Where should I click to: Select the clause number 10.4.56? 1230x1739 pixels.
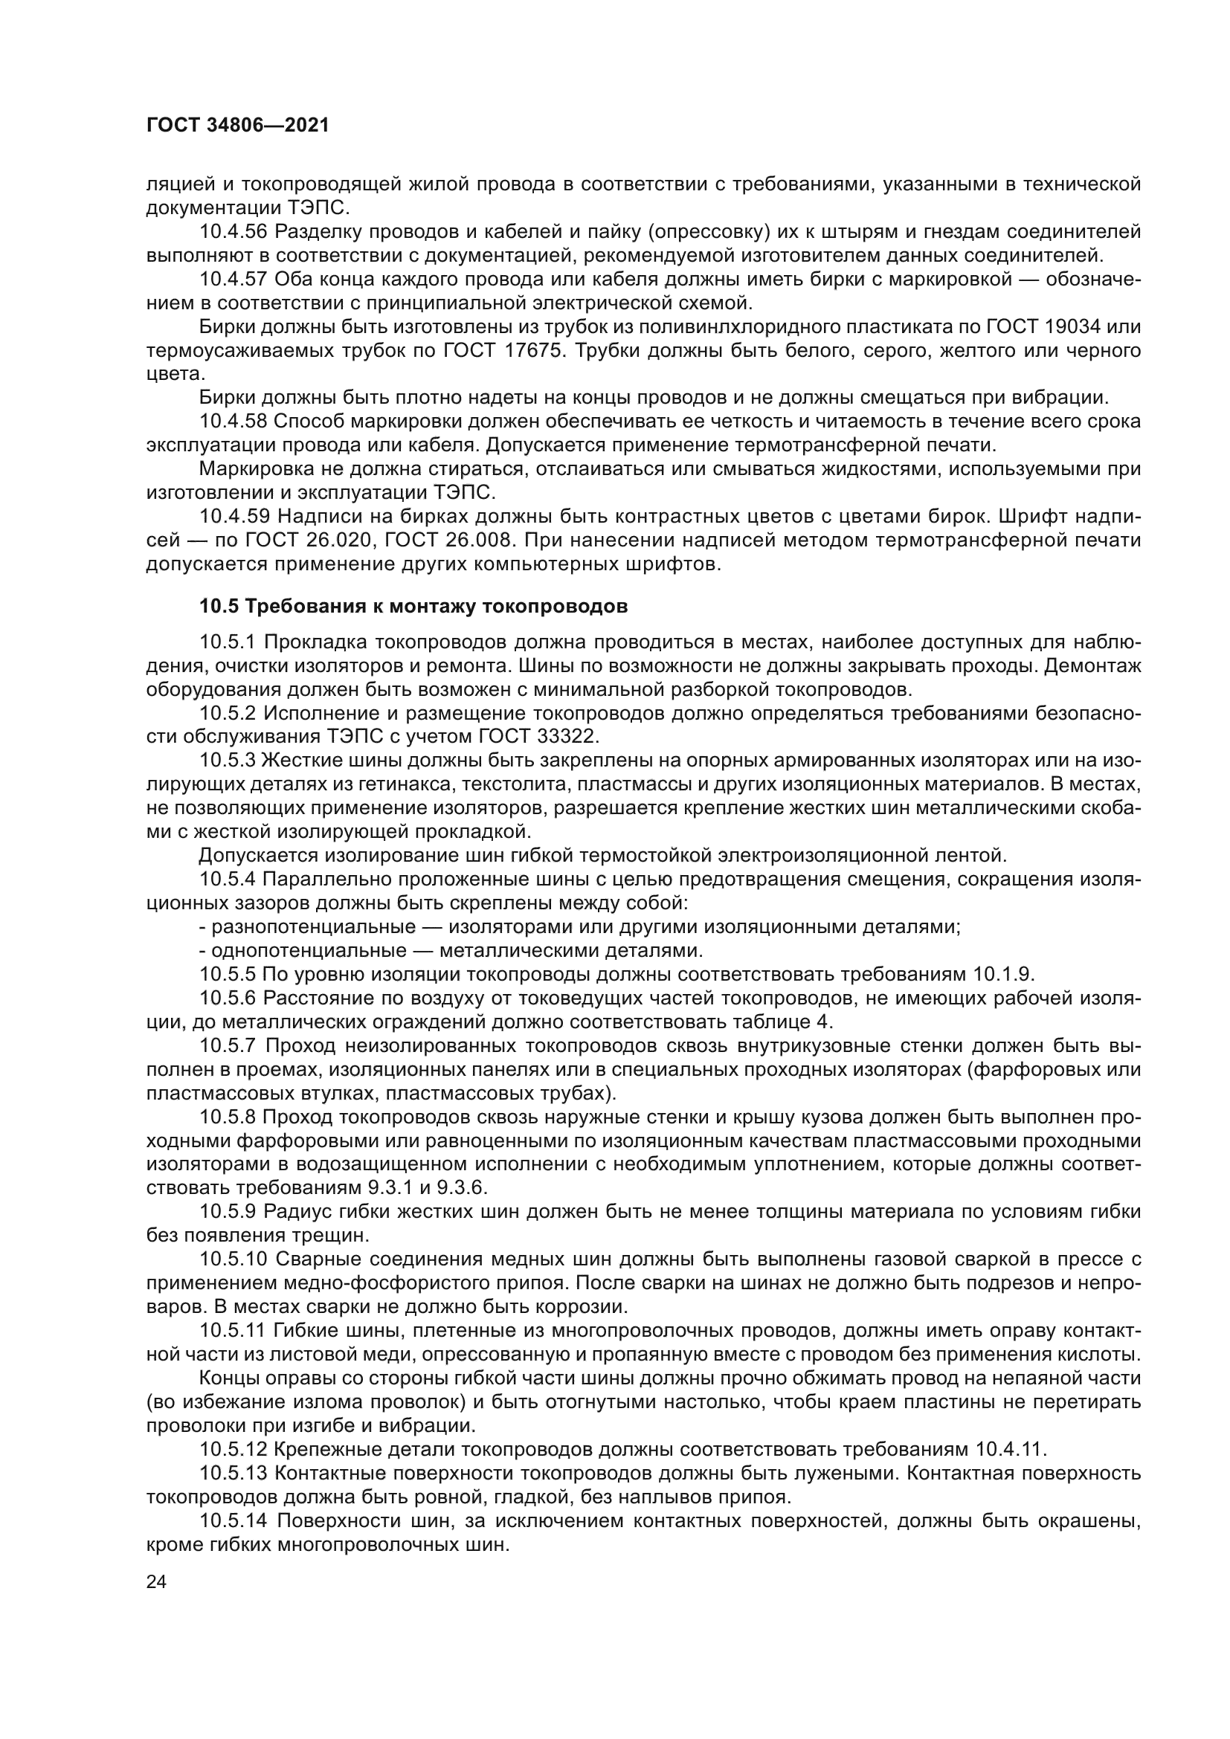pyautogui.click(x=234, y=231)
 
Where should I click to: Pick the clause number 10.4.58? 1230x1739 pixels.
pyautogui.click(x=234, y=421)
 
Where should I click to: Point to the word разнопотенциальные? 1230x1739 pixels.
pyautogui.click(x=315, y=927)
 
